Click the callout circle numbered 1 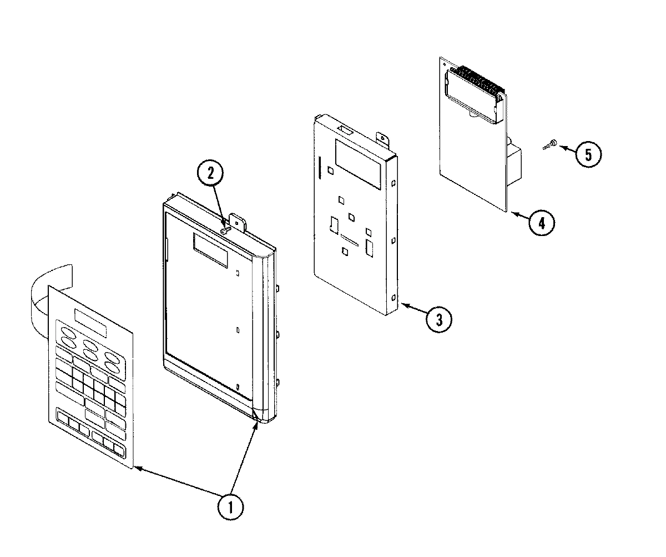pyautogui.click(x=230, y=506)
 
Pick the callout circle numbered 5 pyautogui.click(x=588, y=154)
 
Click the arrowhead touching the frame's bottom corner pyautogui.click(x=256, y=424)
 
